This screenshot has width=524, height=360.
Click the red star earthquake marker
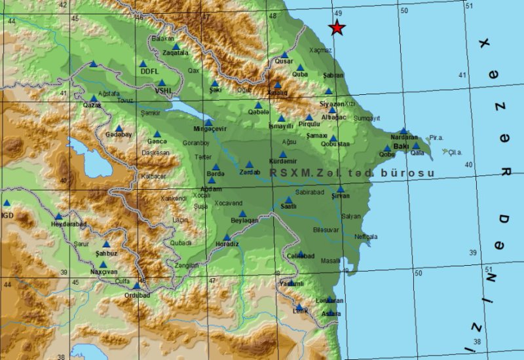tap(337, 27)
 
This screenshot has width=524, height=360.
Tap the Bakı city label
tap(402, 147)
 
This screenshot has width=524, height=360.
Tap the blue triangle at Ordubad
tap(136, 285)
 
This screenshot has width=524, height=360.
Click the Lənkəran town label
tap(329, 300)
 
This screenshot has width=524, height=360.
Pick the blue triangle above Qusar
tap(284, 55)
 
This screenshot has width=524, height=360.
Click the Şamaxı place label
tap(316, 135)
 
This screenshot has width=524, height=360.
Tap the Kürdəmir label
tap(283, 162)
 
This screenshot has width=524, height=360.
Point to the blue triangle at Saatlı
tap(288, 200)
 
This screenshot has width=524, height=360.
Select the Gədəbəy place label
tap(119, 135)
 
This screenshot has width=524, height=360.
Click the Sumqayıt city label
tap(366, 118)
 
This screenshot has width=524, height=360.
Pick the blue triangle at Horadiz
tap(227, 238)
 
